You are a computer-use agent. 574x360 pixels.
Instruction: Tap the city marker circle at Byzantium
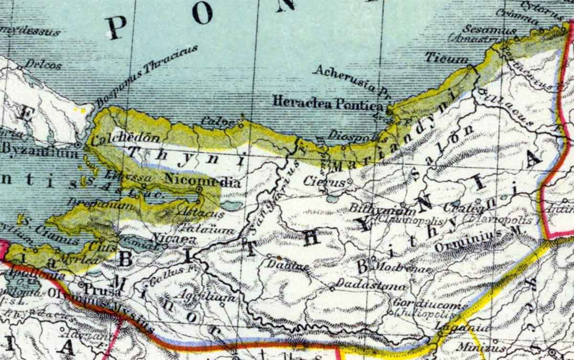tap(78, 144)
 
